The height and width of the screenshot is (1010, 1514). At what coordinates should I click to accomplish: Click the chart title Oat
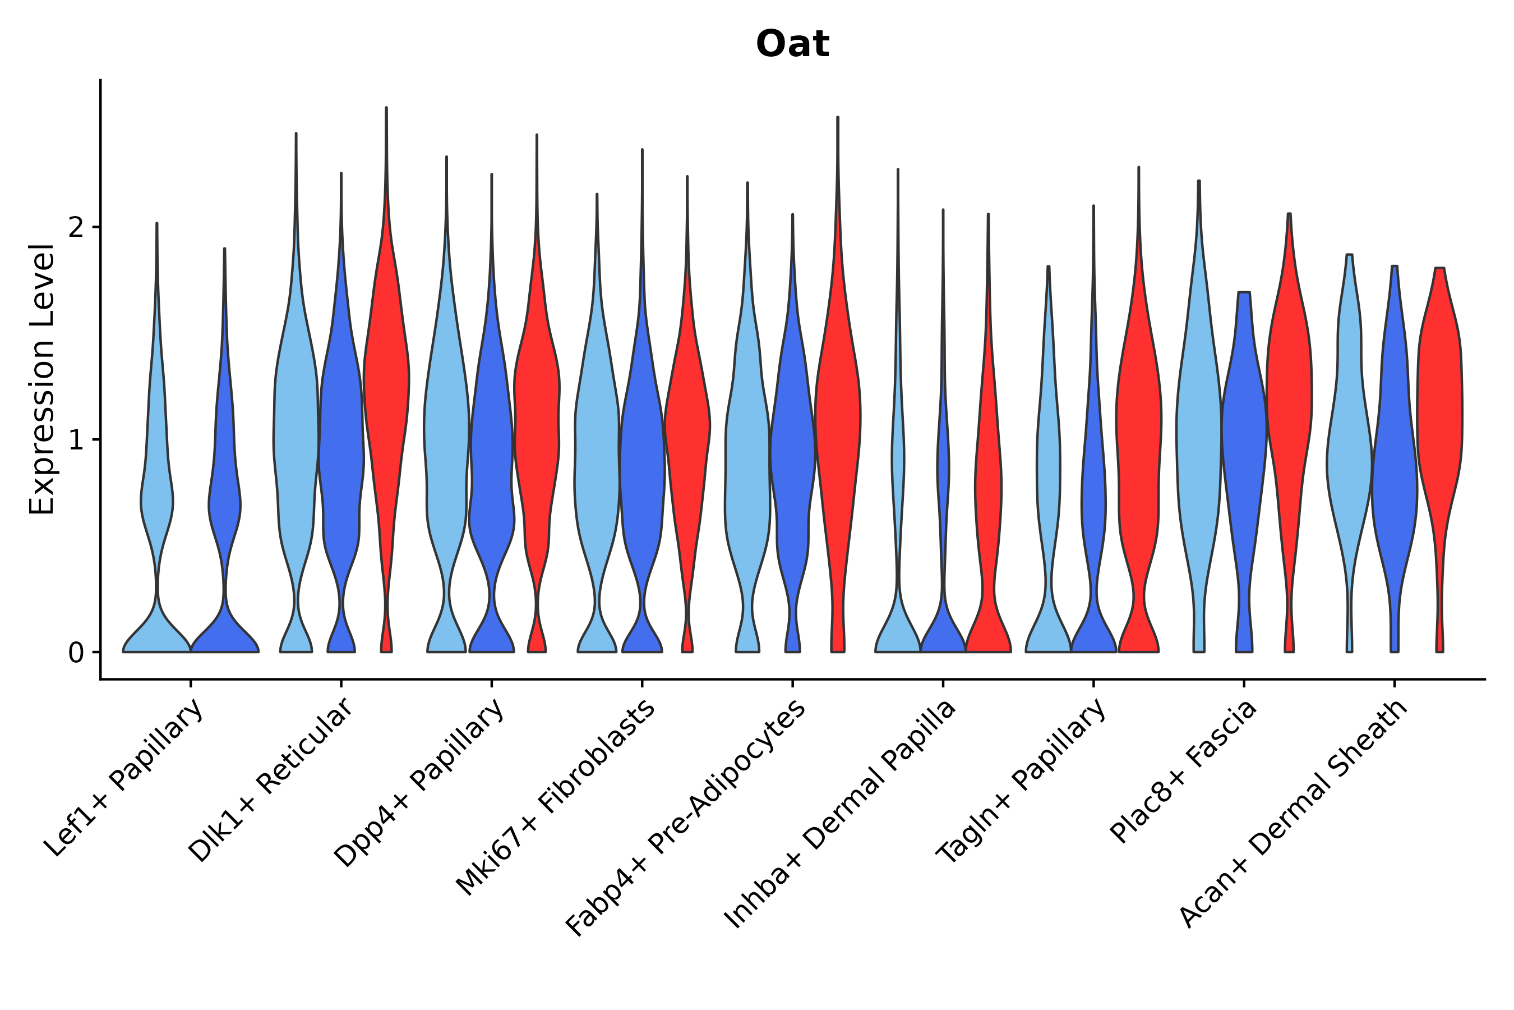pyautogui.click(x=792, y=44)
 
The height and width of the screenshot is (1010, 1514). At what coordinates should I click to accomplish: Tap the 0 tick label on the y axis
pyautogui.click(x=76, y=653)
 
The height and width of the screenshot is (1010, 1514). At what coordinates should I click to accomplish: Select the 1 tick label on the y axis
pyautogui.click(x=76, y=440)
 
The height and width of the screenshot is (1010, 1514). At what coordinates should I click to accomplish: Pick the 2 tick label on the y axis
pyautogui.click(x=76, y=227)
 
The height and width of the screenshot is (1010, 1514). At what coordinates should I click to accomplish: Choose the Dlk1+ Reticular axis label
pyautogui.click(x=271, y=780)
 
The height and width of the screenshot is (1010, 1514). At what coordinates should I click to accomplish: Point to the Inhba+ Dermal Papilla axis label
pyautogui.click(x=840, y=814)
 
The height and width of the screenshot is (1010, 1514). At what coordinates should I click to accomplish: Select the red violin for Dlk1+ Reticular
pyautogui.click(x=386, y=387)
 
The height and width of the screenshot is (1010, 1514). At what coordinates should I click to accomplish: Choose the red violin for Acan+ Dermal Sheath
pyautogui.click(x=1440, y=400)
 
